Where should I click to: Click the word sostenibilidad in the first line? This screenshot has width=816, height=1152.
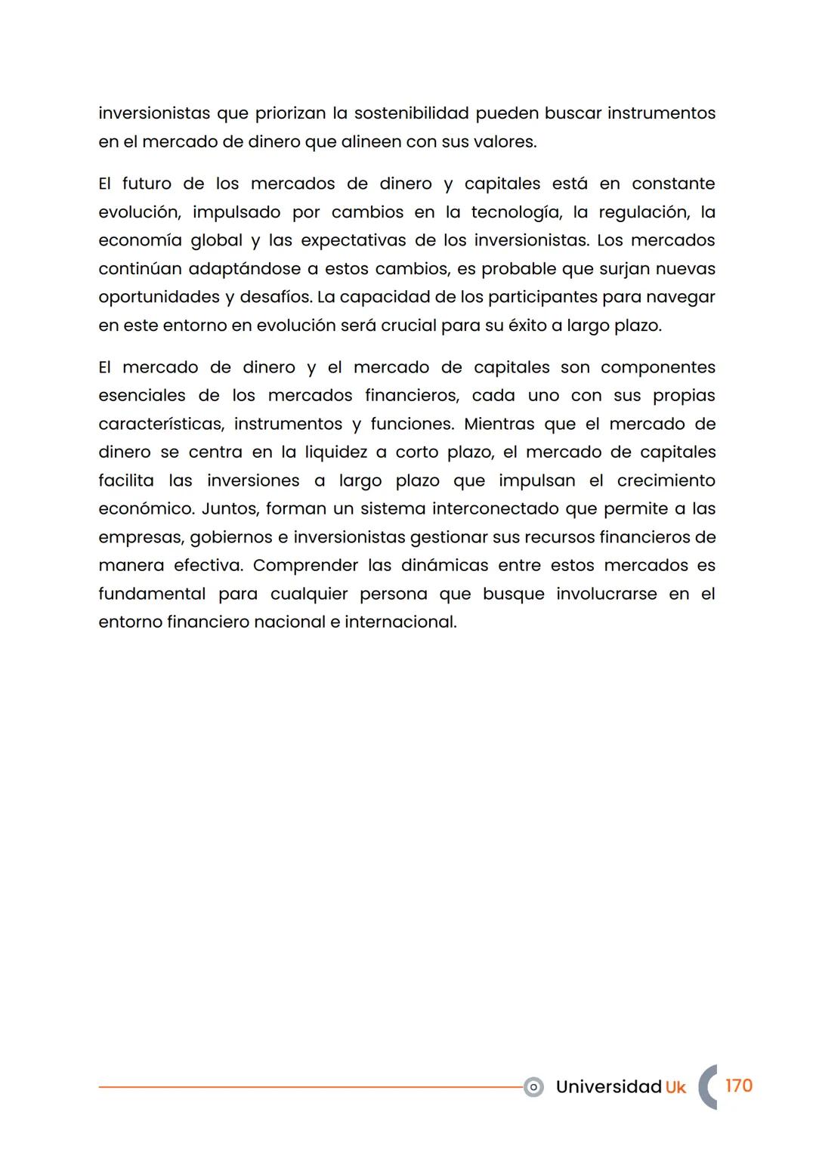coord(411,113)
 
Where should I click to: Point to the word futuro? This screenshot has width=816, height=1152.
coord(147,184)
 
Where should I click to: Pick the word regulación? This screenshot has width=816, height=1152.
coord(644,212)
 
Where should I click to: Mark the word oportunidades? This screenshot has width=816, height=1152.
coord(159,297)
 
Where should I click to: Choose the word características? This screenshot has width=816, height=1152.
coord(161,424)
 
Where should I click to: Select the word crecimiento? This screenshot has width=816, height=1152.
coord(666,480)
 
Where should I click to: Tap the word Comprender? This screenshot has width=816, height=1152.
coord(305,565)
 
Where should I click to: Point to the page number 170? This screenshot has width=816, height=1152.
coord(738,1086)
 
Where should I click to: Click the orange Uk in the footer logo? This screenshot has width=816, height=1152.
coord(675,1087)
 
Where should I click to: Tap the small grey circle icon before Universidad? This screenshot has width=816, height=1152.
coord(533,1087)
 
